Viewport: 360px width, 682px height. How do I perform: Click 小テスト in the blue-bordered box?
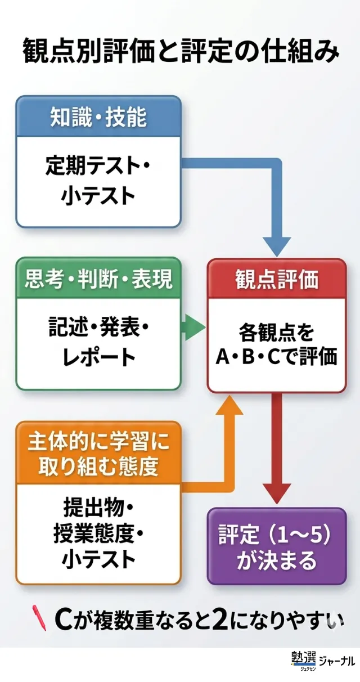click(98, 196)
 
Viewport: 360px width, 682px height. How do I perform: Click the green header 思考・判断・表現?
click(98, 279)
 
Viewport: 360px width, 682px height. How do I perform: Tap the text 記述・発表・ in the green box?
click(98, 327)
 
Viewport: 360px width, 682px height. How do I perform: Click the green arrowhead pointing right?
click(195, 328)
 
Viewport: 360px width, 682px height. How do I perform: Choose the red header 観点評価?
click(277, 279)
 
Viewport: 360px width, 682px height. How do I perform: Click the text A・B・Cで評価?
click(277, 356)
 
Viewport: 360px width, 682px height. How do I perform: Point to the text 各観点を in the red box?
click(276, 332)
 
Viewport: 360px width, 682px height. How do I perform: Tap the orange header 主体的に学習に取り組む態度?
click(98, 453)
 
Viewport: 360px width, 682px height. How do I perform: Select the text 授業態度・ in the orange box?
click(98, 534)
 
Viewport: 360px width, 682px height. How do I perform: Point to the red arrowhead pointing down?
click(277, 493)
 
